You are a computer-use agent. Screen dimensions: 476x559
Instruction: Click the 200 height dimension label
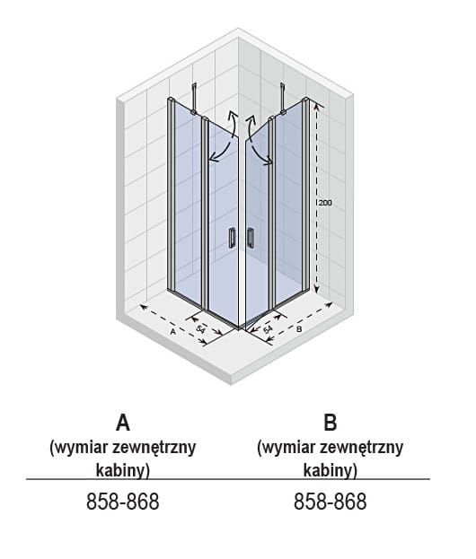tap(325, 203)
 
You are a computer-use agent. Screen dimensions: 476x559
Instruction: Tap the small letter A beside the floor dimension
tap(173, 332)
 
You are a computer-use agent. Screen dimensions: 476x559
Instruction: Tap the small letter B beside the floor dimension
tap(299, 329)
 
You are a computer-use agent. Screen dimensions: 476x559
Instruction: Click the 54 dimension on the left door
tap(201, 329)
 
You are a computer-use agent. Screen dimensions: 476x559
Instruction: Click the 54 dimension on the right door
tap(268, 329)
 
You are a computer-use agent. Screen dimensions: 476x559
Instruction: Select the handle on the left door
tap(232, 237)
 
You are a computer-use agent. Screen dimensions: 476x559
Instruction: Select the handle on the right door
tap(251, 237)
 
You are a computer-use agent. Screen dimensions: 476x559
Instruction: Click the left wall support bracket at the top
tap(194, 99)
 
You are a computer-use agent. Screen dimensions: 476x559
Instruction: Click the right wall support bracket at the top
tap(283, 99)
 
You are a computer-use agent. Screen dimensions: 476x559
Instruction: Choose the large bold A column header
tap(123, 423)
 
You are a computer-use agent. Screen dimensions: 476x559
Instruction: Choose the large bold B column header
tap(331, 423)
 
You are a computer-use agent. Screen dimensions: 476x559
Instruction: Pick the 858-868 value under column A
tap(123, 502)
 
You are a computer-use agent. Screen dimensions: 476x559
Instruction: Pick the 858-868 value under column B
tap(331, 502)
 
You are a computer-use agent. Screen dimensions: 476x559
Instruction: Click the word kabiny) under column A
tap(123, 470)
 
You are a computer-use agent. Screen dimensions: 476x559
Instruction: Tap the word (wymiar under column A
tap(78, 448)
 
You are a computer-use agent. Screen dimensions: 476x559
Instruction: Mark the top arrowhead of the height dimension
tap(316, 104)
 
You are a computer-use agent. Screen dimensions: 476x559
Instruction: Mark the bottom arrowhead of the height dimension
tap(316, 290)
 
